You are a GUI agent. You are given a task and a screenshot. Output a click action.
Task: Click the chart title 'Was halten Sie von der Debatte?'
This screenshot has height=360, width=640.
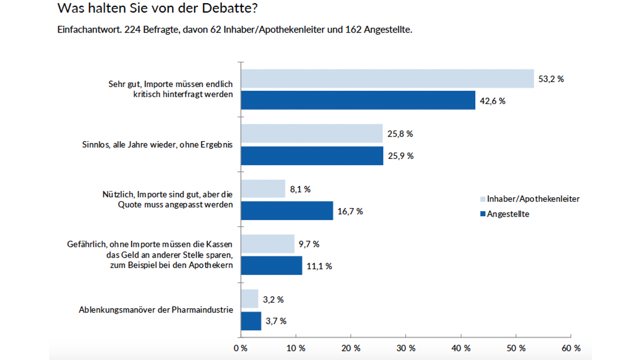click(x=159, y=9)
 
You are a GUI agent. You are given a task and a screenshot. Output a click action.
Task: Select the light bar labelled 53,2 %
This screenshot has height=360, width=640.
click(x=387, y=78)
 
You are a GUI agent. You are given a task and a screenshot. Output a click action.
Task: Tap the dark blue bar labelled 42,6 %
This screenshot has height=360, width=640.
click(x=358, y=100)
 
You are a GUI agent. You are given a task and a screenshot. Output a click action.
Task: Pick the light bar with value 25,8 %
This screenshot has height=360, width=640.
click(x=312, y=133)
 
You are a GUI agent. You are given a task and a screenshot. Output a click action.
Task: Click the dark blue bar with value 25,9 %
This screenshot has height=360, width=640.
click(x=312, y=155)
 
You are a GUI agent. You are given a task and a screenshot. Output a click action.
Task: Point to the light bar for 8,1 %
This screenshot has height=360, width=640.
click(x=263, y=189)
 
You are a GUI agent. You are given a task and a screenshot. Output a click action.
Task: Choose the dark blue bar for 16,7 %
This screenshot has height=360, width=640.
click(x=287, y=211)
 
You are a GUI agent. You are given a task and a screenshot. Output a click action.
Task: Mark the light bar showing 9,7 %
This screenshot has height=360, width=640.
click(x=268, y=244)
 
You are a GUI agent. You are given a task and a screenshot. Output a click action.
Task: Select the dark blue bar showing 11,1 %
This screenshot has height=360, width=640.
click(x=271, y=266)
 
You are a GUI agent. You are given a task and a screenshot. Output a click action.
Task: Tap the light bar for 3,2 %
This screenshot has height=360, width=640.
click(x=250, y=299)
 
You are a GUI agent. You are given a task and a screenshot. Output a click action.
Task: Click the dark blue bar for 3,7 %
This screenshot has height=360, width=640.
click(x=251, y=321)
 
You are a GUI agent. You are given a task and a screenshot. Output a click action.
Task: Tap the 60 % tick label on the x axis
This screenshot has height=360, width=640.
click(x=571, y=348)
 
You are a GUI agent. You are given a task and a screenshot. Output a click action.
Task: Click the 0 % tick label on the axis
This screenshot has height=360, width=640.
click(x=241, y=348)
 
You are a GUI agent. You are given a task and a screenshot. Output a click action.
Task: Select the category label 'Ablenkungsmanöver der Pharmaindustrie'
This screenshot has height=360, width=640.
click(x=156, y=309)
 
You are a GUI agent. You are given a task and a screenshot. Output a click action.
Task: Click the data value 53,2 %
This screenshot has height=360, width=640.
click(x=551, y=79)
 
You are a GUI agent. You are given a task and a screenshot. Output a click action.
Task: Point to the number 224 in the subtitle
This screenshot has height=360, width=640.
click(x=132, y=30)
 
